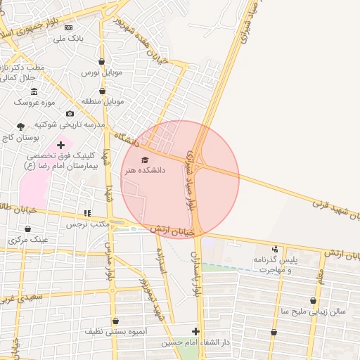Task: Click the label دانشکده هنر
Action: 144,170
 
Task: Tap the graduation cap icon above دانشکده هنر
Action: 145,160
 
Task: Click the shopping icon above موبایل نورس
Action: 103,61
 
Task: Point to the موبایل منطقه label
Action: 103,101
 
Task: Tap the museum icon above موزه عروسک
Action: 34,91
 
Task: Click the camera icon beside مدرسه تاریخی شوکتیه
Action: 70,114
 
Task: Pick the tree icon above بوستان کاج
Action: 20,127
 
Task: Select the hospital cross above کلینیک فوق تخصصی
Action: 60,145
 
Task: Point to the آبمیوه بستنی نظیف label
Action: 115,330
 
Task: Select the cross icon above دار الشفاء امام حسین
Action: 195,331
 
